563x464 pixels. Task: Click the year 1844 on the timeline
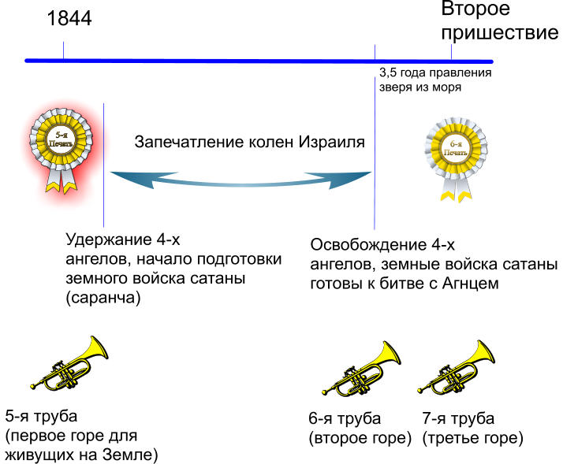pyautogui.click(x=69, y=17)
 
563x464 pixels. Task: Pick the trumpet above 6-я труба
pyautogui.click(x=361, y=369)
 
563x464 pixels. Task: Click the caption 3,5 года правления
pyautogui.click(x=435, y=73)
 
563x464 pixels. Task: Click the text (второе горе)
pyautogui.click(x=360, y=437)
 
